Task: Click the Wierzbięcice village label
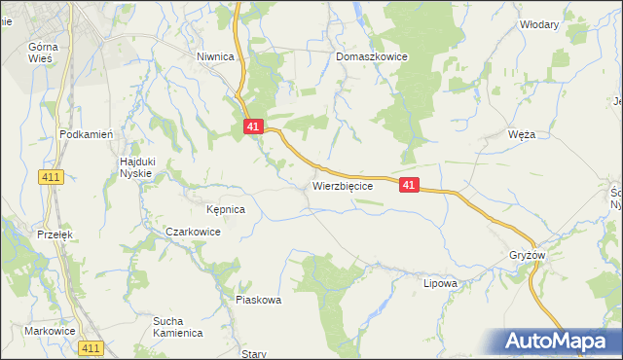point(342,185)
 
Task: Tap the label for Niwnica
point(215,56)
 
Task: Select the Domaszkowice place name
point(372,56)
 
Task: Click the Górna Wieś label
point(43,53)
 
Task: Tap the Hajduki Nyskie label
point(135,166)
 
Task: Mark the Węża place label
point(522,135)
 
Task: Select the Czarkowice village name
point(193,233)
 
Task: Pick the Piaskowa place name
point(258,300)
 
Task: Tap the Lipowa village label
point(440,283)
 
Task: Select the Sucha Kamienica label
point(177,326)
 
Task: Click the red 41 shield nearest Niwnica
point(253,126)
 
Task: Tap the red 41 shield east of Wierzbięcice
point(409,184)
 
